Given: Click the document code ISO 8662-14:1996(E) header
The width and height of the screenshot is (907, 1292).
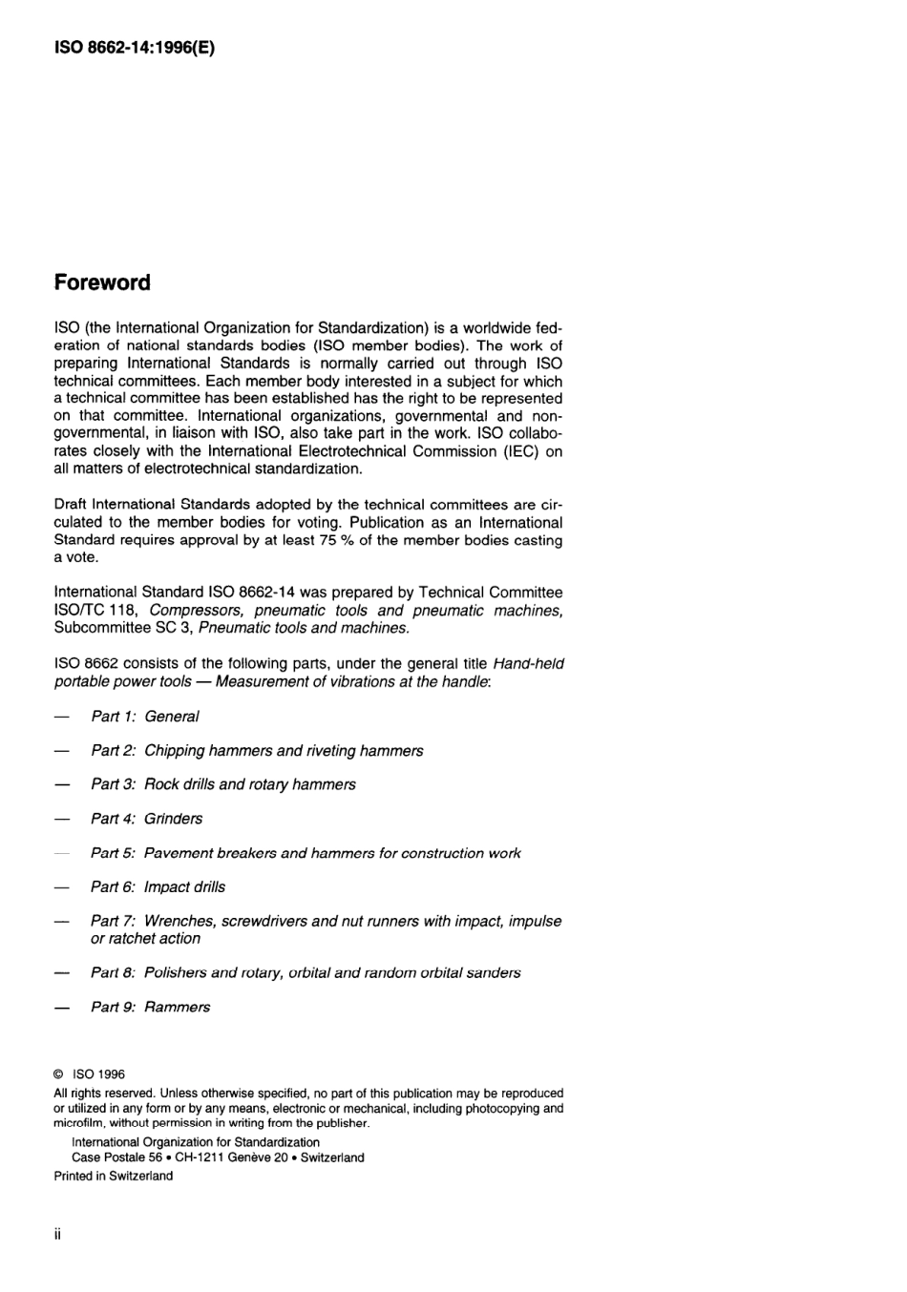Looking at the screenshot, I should click(x=135, y=47).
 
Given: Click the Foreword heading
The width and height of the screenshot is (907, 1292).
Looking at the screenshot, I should click(x=102, y=282).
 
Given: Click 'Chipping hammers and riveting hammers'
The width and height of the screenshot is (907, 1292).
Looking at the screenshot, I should click(x=284, y=751).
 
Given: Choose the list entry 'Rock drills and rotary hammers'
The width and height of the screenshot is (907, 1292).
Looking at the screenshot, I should click(x=249, y=784).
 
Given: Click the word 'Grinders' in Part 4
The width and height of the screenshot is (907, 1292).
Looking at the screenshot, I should click(x=173, y=819).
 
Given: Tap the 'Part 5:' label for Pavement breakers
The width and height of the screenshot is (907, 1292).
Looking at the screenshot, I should click(x=113, y=853).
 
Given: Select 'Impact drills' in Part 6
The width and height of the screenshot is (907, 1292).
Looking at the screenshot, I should click(x=184, y=887).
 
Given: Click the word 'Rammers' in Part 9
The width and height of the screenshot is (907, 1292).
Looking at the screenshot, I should click(x=177, y=1008).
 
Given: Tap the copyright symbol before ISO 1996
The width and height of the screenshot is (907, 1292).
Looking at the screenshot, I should click(x=59, y=1074).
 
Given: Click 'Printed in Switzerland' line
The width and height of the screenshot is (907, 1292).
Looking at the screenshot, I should click(x=114, y=1176).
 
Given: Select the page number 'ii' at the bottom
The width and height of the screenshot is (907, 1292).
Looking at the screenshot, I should click(x=57, y=1235).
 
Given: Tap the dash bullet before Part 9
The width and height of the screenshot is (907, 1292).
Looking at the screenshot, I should click(x=62, y=1008).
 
